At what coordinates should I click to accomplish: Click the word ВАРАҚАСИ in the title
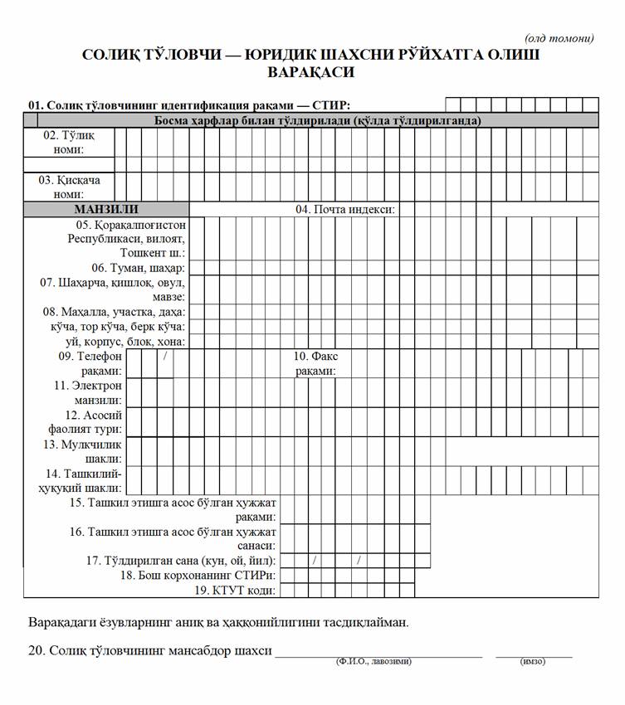(x=311, y=72)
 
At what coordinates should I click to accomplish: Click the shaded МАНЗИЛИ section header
(x=106, y=209)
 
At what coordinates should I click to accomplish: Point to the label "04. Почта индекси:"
(x=344, y=209)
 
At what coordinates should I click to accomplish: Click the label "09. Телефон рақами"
(x=90, y=363)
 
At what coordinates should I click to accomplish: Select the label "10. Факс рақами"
(x=315, y=363)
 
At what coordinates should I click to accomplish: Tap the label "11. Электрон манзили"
(x=87, y=392)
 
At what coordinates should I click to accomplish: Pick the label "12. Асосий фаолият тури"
(x=85, y=421)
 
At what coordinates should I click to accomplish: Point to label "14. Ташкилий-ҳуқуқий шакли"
(x=84, y=481)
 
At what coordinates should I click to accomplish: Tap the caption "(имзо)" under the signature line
(x=532, y=661)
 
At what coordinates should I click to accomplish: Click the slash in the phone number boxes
(x=166, y=356)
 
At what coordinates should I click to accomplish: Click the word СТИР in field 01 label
(x=334, y=105)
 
